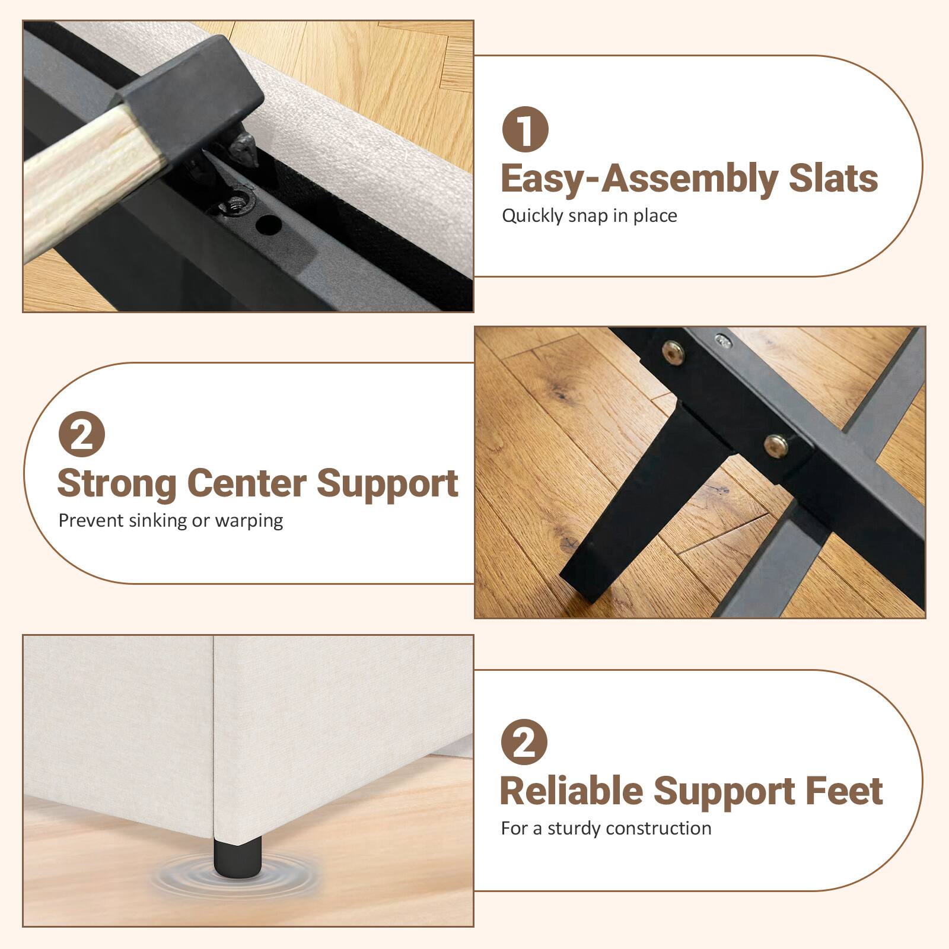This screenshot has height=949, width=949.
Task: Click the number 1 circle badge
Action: click(x=525, y=129)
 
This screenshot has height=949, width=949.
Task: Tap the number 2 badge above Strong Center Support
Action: click(x=82, y=436)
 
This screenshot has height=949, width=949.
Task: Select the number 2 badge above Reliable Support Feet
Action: click(x=524, y=742)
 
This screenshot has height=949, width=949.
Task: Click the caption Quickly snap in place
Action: click(x=589, y=216)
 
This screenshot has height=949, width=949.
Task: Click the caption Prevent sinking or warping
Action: click(x=170, y=521)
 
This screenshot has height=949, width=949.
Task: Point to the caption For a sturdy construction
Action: click(x=606, y=829)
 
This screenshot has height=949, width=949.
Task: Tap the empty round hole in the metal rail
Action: click(x=269, y=224)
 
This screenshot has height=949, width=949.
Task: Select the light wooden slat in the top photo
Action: click(x=77, y=178)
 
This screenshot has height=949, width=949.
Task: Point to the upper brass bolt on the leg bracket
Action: click(x=673, y=354)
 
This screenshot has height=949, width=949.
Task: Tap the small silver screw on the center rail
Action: click(x=722, y=340)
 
